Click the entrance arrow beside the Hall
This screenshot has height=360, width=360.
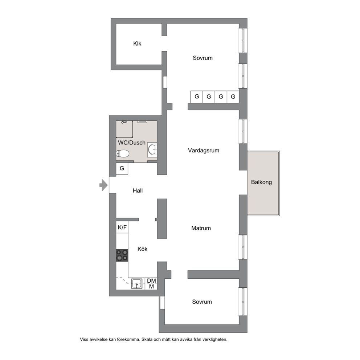click(103, 185)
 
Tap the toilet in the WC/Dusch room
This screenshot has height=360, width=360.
click(122, 154)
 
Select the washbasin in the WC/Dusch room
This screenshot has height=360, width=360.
click(152, 150)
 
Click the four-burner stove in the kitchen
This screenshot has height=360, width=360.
click(122, 255)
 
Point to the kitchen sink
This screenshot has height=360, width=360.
click(136, 283)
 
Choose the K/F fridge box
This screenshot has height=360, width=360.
click(122, 227)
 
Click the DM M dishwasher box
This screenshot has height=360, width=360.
click(151, 283)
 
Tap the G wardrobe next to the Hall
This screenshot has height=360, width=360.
click(122, 168)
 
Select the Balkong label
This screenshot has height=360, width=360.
click(262, 182)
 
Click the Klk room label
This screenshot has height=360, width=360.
click(137, 44)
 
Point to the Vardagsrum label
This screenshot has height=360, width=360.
click(204, 150)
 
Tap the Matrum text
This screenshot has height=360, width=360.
click(201, 228)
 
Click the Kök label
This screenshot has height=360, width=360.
click(142, 249)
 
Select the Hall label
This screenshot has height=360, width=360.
click(138, 191)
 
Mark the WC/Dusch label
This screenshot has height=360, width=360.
click(132, 143)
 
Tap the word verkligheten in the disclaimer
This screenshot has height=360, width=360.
click(216, 339)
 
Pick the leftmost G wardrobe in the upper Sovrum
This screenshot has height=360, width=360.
click(197, 97)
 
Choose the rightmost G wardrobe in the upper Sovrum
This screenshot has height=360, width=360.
click(233, 97)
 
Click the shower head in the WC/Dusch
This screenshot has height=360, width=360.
click(124, 122)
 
